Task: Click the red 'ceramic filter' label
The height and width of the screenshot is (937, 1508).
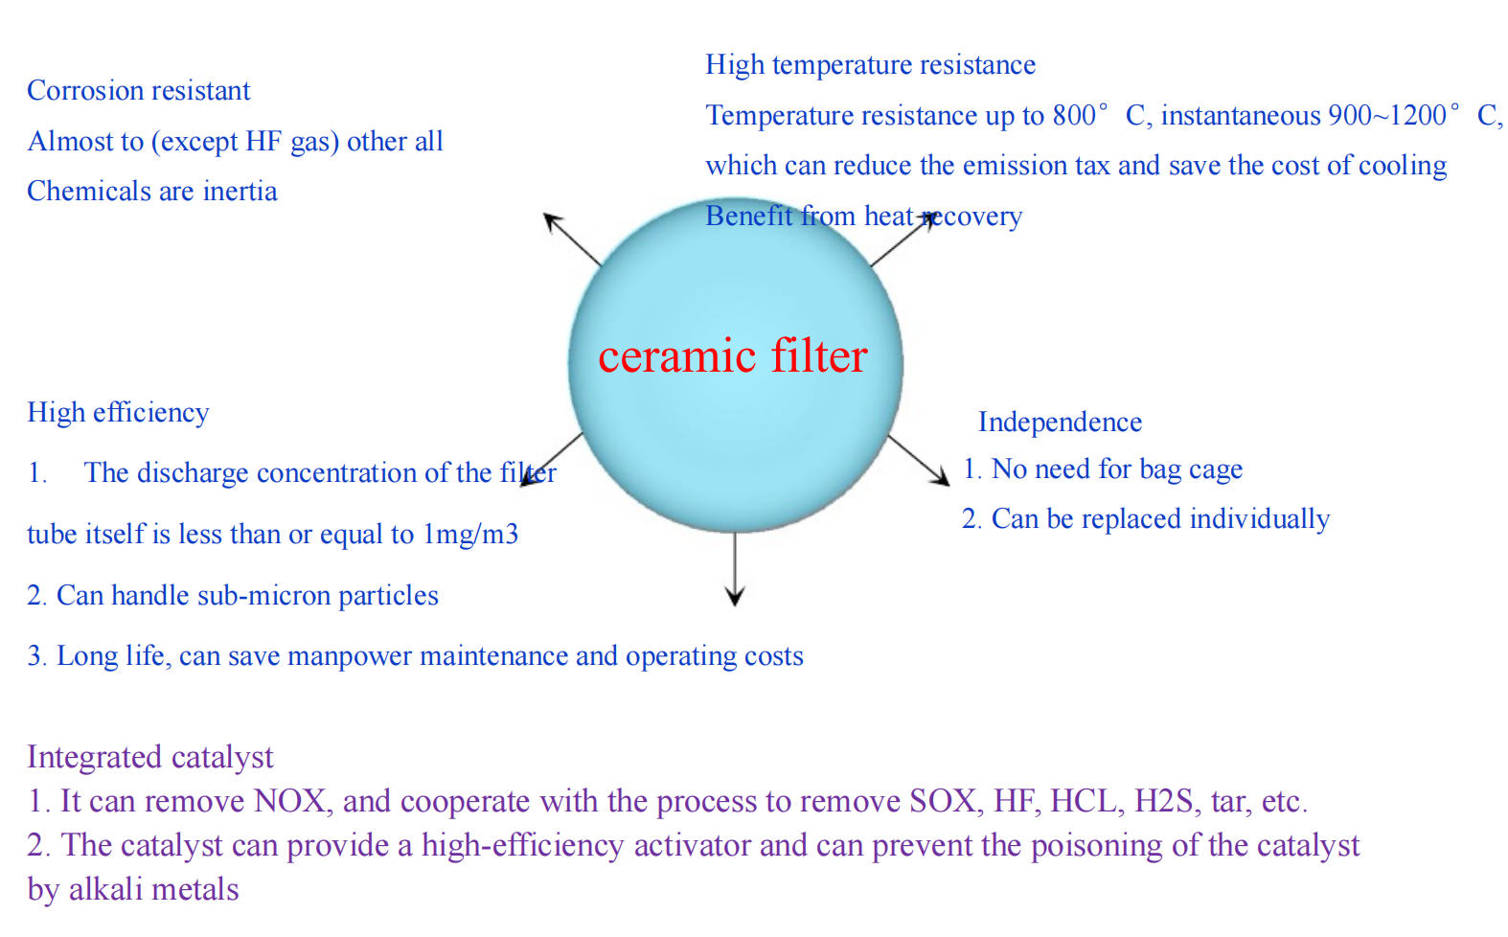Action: point(733,356)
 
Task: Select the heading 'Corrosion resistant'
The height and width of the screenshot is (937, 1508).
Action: point(139,91)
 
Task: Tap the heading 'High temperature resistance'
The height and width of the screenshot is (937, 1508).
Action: point(871,65)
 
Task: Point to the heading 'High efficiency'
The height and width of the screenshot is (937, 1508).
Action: point(118,413)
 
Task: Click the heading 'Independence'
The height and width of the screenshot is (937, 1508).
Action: point(1060,423)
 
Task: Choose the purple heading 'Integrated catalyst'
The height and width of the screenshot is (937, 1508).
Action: point(150,757)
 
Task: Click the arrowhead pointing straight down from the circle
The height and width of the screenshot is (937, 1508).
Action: point(735,596)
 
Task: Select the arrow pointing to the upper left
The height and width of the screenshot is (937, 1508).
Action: point(572,240)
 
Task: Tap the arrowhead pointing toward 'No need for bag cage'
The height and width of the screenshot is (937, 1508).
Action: point(940,476)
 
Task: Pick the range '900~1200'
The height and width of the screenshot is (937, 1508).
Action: point(1387,116)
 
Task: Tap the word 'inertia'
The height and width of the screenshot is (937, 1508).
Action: point(240,192)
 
